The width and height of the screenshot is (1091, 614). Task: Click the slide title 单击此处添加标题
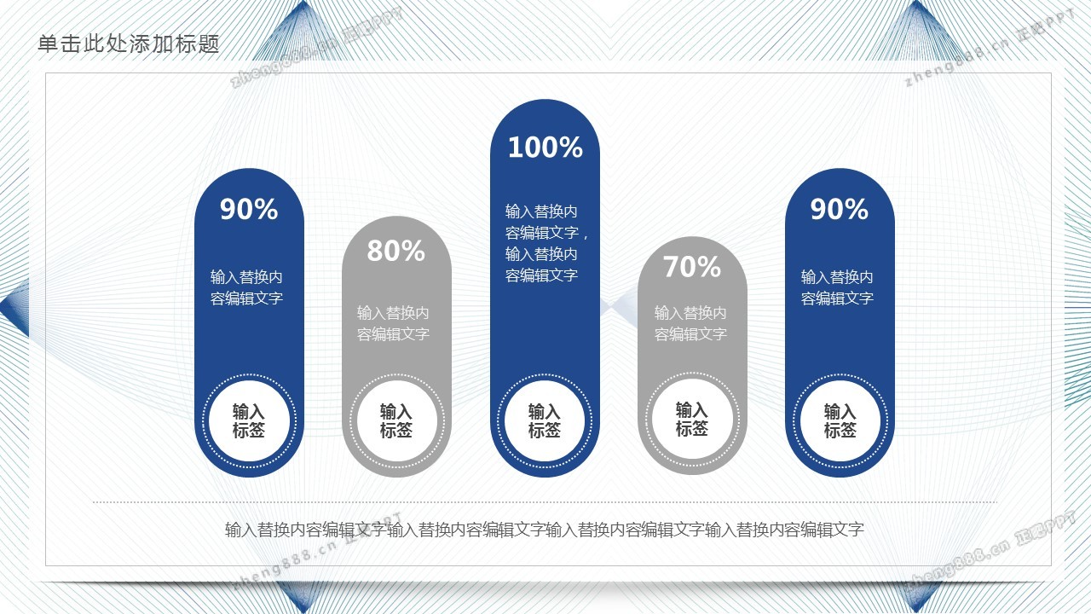point(129,43)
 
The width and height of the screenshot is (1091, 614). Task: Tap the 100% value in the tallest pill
point(545,148)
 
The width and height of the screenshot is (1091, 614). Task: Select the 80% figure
point(396,251)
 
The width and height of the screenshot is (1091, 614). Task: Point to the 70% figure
point(691,267)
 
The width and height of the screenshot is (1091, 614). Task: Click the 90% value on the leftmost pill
point(249,209)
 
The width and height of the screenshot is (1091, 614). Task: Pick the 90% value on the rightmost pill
point(840,209)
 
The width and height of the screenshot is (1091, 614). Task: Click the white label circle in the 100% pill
point(545,421)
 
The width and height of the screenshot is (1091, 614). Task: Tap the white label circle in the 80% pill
point(396,421)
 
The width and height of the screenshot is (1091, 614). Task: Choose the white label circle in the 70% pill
point(692,419)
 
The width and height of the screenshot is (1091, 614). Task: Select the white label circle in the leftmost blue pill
point(249,421)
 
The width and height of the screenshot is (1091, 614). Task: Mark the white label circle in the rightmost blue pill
point(840,421)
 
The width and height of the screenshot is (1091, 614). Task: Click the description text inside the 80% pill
point(393,323)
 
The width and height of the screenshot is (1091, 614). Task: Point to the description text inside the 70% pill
point(690,323)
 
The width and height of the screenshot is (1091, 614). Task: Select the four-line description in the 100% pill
point(546,243)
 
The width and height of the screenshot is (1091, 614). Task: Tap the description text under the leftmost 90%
point(246,287)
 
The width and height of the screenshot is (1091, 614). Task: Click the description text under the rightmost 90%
point(837,287)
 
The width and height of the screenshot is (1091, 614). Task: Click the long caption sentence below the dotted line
point(545,530)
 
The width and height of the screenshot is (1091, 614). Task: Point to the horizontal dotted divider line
point(545,501)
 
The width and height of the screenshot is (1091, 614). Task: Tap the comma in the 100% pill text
point(585,237)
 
